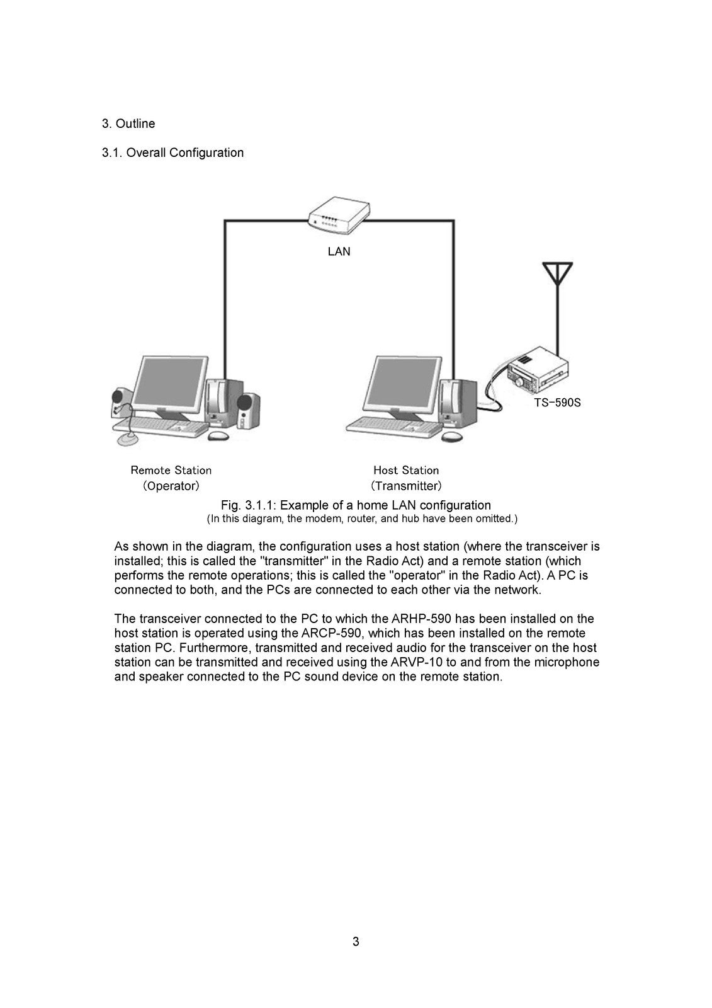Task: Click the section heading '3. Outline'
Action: (x=128, y=124)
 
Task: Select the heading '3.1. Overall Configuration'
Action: (x=172, y=153)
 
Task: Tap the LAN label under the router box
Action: (x=339, y=252)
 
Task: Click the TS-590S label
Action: (x=557, y=403)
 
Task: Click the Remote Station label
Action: (x=171, y=471)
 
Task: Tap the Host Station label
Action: (x=406, y=471)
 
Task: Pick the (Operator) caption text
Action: (x=171, y=486)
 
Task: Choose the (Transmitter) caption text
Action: (x=406, y=486)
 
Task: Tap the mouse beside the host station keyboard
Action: (x=451, y=436)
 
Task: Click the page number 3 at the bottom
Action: (x=356, y=942)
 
